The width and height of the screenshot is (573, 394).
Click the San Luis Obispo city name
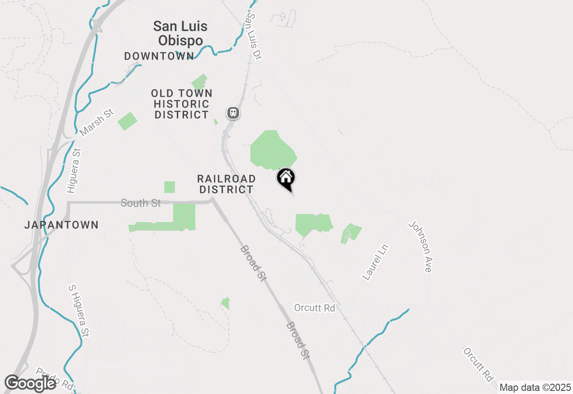click(180, 33)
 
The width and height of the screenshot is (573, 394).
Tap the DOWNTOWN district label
click(159, 56)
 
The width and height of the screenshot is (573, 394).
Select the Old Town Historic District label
click(182, 104)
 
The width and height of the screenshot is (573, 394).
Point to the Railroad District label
click(227, 184)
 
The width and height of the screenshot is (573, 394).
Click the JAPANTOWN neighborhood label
click(61, 225)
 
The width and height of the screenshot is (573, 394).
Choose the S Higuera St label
click(78, 310)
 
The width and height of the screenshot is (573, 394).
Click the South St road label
click(141, 203)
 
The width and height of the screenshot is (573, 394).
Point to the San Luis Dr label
click(254, 36)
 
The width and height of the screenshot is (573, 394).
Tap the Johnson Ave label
click(420, 246)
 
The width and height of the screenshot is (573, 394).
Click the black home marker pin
click(286, 179)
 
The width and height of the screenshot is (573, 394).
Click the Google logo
click(30, 383)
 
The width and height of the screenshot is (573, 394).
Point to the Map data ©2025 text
click(535, 387)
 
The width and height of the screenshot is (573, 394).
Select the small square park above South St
click(169, 187)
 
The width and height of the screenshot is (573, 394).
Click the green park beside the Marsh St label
click(127, 121)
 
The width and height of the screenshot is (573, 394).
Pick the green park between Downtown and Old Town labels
click(200, 82)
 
